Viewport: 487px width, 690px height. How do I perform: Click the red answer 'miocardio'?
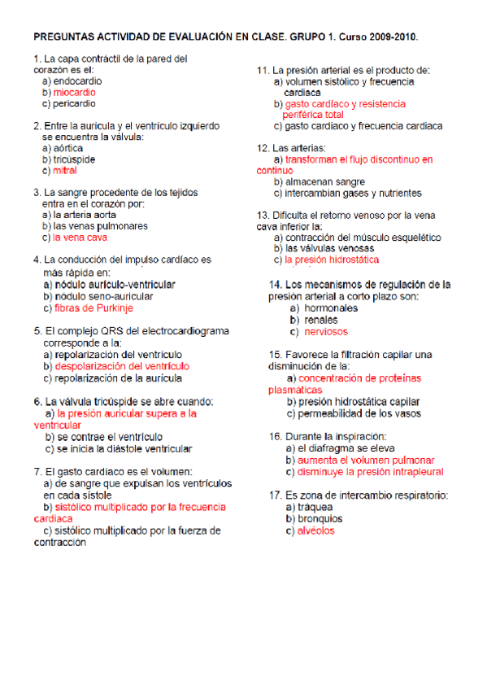pyautogui.click(x=76, y=93)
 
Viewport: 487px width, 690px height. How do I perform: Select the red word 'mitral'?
pyautogui.click(x=65, y=171)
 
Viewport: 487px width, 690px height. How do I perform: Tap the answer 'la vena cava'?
pyautogui.click(x=80, y=238)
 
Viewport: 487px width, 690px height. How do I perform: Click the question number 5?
pyautogui.click(x=37, y=332)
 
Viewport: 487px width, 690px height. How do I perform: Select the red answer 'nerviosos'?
pyautogui.click(x=326, y=332)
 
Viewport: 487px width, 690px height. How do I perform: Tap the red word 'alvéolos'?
pyautogui.click(x=315, y=531)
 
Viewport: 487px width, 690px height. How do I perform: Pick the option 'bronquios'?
pyautogui.click(x=320, y=519)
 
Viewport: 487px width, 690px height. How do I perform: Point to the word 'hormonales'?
pyautogui.click(x=331, y=308)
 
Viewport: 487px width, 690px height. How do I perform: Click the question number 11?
pyautogui.click(x=263, y=71)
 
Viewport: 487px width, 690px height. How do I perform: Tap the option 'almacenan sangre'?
pyautogui.click(x=324, y=181)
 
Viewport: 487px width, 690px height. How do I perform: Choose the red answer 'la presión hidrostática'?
pyautogui.click(x=332, y=260)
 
